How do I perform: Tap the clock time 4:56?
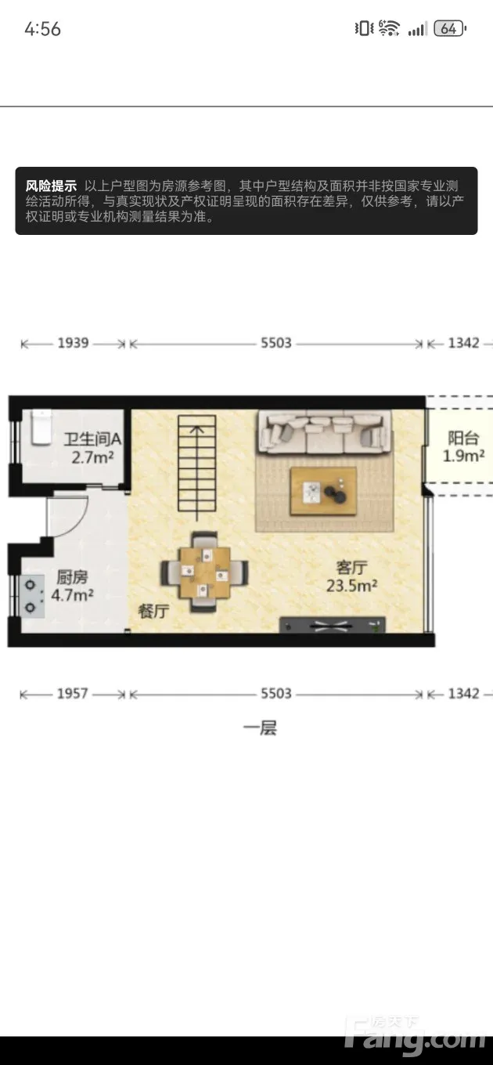(x=43, y=29)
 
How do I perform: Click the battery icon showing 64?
(x=450, y=28)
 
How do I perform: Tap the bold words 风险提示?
(x=51, y=186)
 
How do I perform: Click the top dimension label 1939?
(x=73, y=343)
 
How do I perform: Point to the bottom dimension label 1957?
(x=73, y=694)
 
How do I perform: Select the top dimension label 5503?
(x=276, y=343)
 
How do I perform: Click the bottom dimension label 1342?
(x=463, y=694)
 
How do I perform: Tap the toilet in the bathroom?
(x=41, y=428)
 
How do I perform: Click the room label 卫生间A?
(x=92, y=439)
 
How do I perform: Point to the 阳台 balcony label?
(x=463, y=438)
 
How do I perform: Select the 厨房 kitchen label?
(x=72, y=577)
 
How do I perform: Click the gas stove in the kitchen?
(x=33, y=596)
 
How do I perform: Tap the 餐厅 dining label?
(x=153, y=611)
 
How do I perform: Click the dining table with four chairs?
(x=205, y=572)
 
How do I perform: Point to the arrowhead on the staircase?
(x=197, y=429)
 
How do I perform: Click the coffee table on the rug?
(x=323, y=491)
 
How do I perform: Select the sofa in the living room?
(x=325, y=431)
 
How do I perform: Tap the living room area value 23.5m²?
(x=351, y=585)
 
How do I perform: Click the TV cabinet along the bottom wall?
(x=332, y=625)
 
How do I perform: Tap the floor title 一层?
(x=260, y=728)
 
